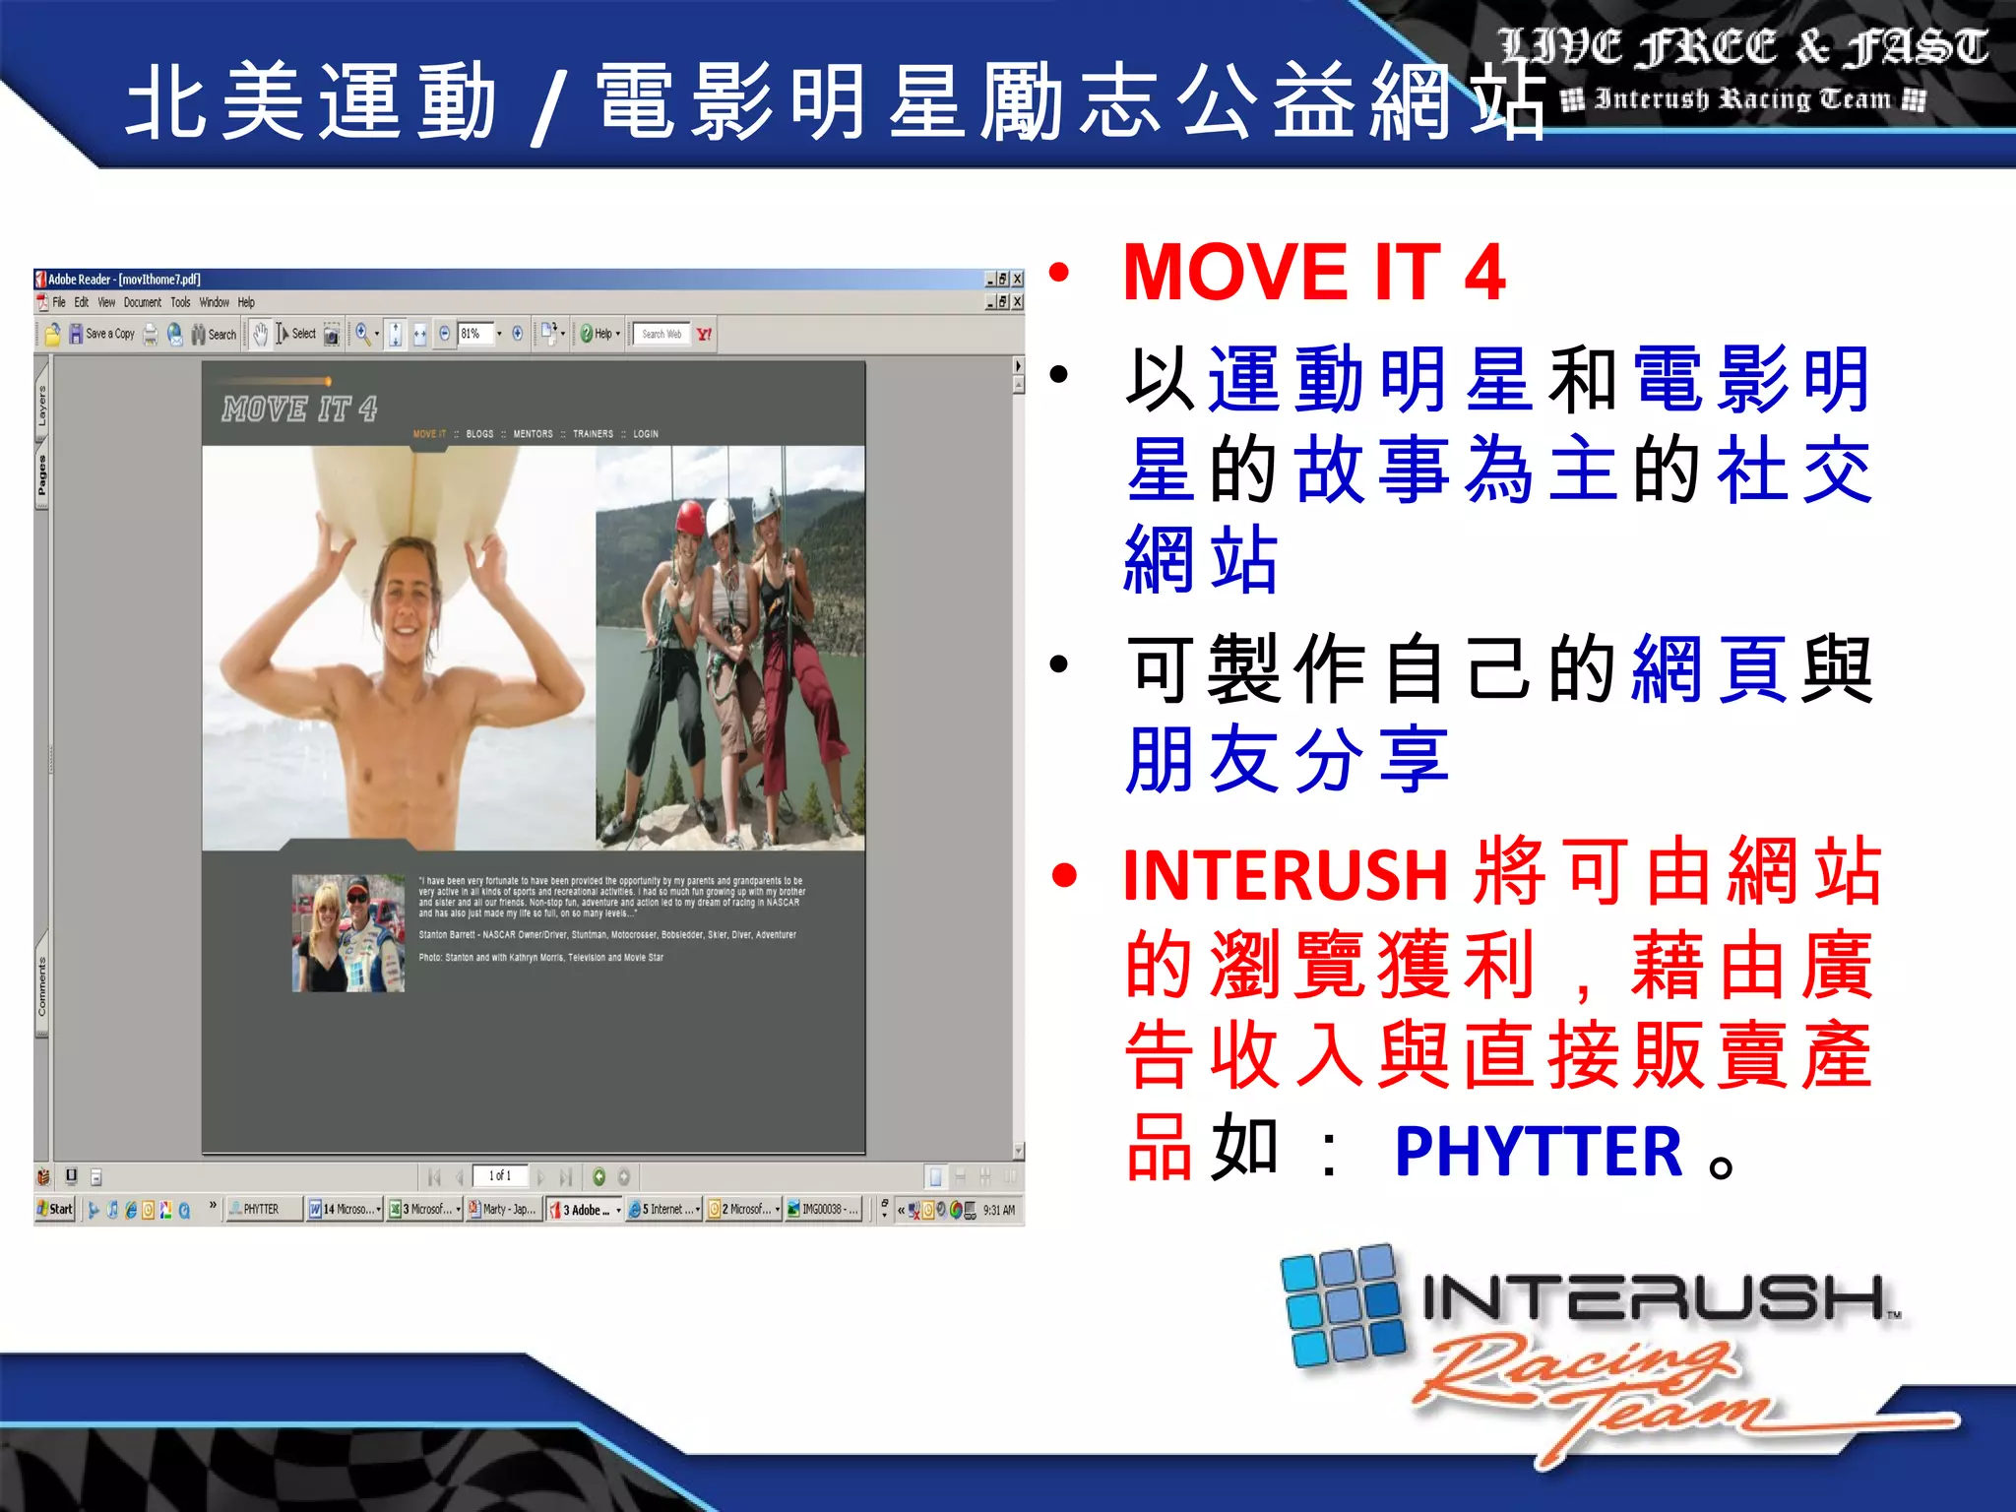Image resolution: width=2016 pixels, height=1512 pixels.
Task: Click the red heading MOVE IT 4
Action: pos(1313,273)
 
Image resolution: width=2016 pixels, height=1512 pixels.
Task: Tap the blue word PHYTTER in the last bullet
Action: pos(1539,1151)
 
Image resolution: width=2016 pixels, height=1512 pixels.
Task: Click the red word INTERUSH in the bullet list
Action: pos(1285,874)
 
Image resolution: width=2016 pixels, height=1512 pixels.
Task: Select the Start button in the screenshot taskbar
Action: pos(55,1209)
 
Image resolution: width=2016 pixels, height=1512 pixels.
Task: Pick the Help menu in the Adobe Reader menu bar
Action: pos(246,302)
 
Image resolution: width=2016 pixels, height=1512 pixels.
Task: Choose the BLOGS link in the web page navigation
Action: pos(479,434)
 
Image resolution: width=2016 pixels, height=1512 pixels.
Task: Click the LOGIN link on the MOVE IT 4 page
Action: pos(646,434)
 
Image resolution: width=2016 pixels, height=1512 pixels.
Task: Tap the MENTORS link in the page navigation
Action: pos(533,434)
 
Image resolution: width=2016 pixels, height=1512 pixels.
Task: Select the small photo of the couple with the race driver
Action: pos(348,932)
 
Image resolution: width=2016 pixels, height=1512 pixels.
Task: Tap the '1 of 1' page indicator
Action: pos(500,1175)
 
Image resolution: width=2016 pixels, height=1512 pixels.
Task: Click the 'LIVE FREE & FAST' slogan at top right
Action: pos(1742,47)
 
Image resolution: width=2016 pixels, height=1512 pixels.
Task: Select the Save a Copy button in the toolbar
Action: pos(101,335)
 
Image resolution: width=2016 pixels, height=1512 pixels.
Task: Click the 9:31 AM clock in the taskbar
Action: pos(998,1210)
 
